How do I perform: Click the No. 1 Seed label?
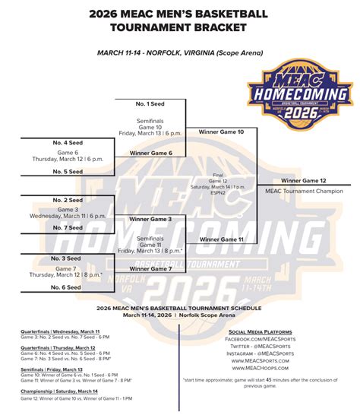(x=151, y=103)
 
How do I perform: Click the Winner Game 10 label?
(x=221, y=131)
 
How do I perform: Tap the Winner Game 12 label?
(x=303, y=180)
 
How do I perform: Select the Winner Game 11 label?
(x=221, y=239)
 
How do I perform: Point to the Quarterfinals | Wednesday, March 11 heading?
(x=60, y=332)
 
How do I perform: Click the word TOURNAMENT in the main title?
(x=149, y=28)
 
